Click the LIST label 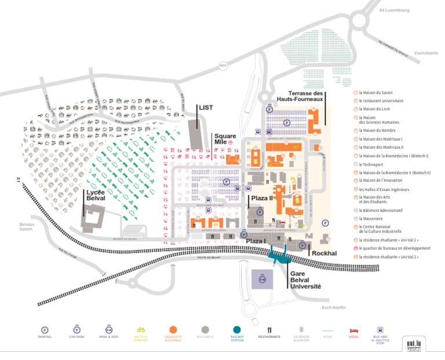coord(206,108)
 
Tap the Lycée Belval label coord(95,196)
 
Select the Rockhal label coord(324,253)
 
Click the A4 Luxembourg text coord(394,10)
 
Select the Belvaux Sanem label coord(27,226)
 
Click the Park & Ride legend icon coord(108,329)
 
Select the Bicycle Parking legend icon coord(141,329)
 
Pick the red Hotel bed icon coord(354,329)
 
